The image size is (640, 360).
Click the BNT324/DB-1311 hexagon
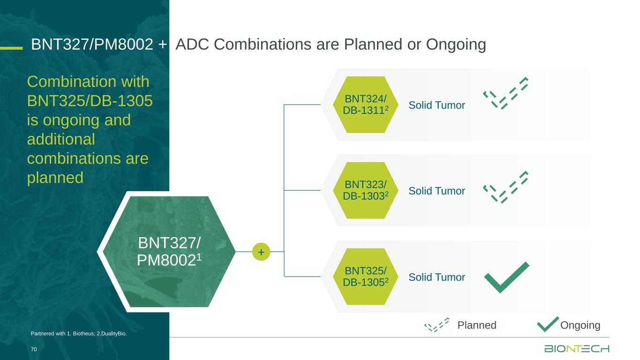(x=365, y=105)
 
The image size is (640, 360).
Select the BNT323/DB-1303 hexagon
(x=365, y=190)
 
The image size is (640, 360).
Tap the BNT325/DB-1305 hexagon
(x=365, y=277)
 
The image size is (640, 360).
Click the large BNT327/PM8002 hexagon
(x=169, y=252)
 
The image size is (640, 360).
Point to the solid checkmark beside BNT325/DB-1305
(x=506, y=277)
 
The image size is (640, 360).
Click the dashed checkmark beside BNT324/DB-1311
(x=505, y=93)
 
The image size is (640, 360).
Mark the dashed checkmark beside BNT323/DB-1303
(x=505, y=187)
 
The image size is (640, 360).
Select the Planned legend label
(x=477, y=325)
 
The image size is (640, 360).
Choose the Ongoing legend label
(x=580, y=325)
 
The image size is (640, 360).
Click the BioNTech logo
(x=577, y=349)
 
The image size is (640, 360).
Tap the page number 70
(x=34, y=349)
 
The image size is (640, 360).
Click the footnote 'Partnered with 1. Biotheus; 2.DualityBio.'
(x=79, y=333)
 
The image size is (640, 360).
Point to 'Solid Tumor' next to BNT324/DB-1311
(x=437, y=105)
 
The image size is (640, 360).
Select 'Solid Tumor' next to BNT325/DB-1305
(x=437, y=277)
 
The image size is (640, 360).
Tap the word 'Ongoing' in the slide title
(x=456, y=45)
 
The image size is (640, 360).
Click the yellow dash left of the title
(x=11, y=48)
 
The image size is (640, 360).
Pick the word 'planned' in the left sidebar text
(x=55, y=178)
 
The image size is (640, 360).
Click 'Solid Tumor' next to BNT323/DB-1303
(x=437, y=191)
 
